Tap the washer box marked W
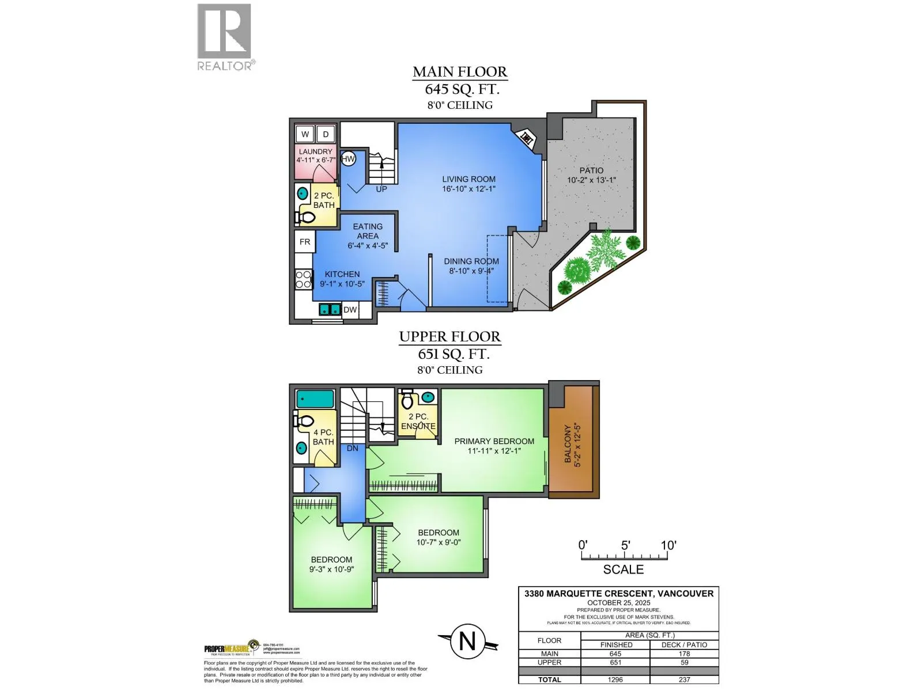[x=305, y=134]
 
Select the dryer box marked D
[x=326, y=134]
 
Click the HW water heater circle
[x=348, y=159]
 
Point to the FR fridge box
[x=305, y=242]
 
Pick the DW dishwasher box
[x=350, y=310]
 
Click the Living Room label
[x=468, y=184]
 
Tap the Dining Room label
[x=471, y=266]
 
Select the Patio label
[x=591, y=175]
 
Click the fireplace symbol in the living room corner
[x=526, y=138]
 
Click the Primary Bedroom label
[x=494, y=446]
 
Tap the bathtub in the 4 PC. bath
[x=315, y=399]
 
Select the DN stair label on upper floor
[x=353, y=448]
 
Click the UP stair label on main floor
[x=381, y=189]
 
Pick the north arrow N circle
[x=467, y=641]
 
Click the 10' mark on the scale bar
[x=667, y=545]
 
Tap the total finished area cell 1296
[x=615, y=679]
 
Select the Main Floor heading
[x=460, y=72]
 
